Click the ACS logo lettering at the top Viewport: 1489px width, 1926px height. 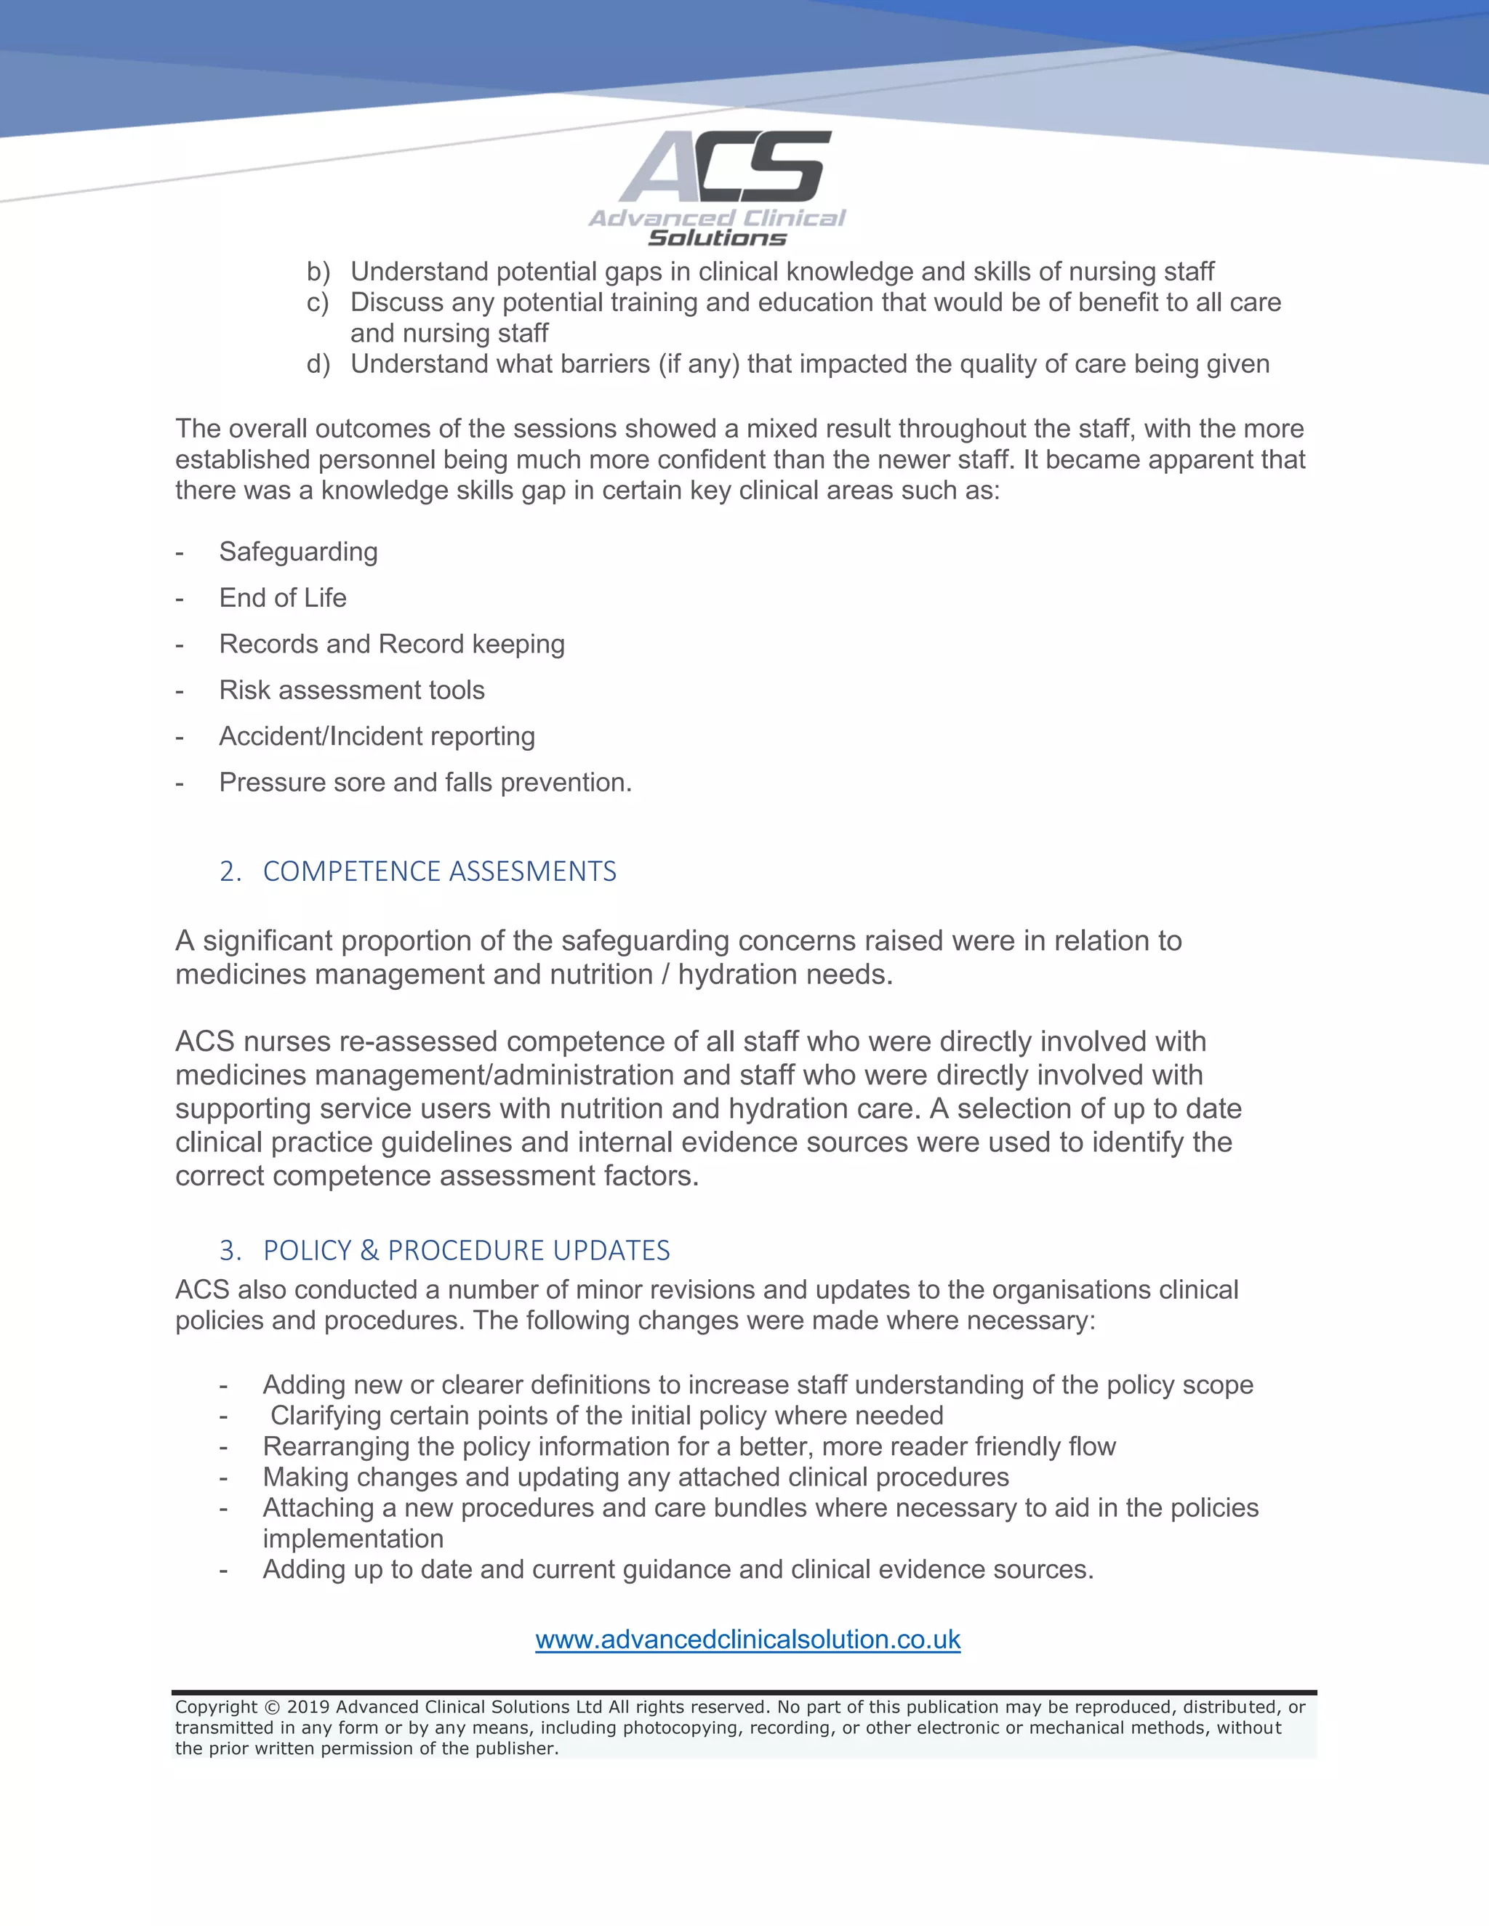[725, 168]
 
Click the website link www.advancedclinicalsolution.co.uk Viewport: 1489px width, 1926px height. [747, 1640]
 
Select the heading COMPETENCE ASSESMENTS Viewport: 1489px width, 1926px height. [439, 871]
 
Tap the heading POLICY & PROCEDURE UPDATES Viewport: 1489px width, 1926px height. [466, 1251]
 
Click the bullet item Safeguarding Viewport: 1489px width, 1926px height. [298, 552]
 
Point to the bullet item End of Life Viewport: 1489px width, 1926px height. [282, 598]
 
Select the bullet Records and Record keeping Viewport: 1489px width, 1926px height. [392, 645]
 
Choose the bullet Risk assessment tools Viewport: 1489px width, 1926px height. [351, 690]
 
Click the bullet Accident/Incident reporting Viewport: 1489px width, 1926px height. [377, 736]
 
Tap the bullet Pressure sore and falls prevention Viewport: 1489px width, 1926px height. [425, 783]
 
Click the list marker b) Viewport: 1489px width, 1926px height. [318, 272]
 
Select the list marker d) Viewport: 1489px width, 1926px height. [318, 364]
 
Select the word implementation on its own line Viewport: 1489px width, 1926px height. [353, 1539]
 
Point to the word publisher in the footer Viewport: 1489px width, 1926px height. [524, 1749]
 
